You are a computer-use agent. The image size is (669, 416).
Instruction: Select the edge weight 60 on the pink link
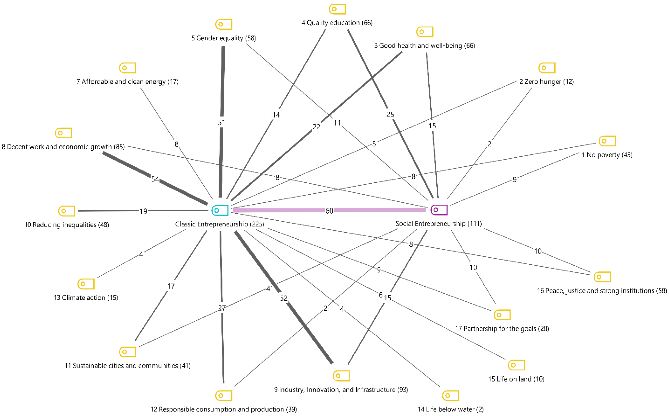pos(329,211)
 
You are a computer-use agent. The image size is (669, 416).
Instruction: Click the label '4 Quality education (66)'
pos(337,23)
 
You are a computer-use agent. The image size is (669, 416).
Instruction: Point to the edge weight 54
pos(155,179)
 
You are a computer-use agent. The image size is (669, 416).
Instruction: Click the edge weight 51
pos(221,123)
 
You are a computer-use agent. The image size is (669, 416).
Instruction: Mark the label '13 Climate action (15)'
pos(86,298)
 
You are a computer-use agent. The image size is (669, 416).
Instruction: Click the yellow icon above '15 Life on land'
pos(516,365)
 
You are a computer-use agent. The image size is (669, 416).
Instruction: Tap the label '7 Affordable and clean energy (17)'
pos(127,82)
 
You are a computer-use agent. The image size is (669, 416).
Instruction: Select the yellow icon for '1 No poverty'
pos(607,141)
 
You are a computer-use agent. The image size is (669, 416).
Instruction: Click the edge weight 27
pos(222,308)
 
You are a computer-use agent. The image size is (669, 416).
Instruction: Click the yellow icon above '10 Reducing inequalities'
pos(67,211)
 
